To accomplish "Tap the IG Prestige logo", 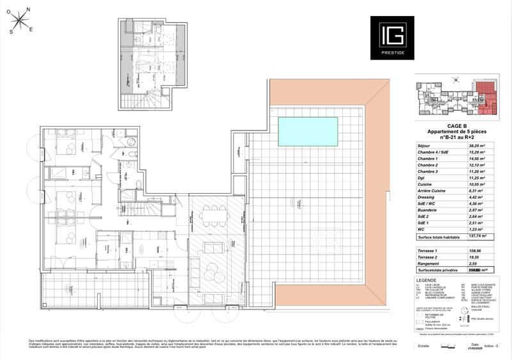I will click(392, 38).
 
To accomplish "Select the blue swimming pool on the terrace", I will click(308, 130).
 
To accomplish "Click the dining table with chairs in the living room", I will click(212, 215).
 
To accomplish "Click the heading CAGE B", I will click(456, 126).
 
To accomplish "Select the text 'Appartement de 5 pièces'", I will click(456, 132).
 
